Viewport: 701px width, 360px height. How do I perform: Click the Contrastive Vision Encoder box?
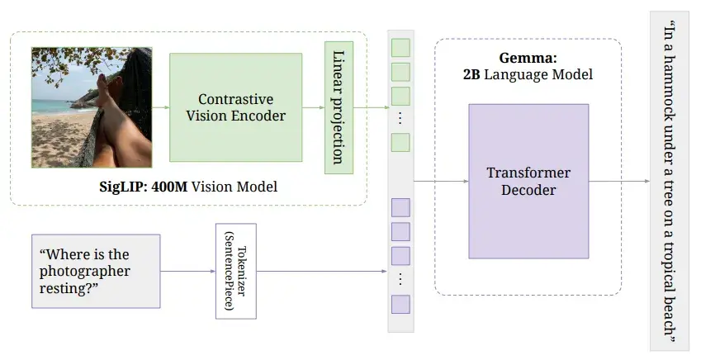pyautogui.click(x=235, y=107)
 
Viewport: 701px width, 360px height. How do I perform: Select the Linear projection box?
pyautogui.click(x=339, y=107)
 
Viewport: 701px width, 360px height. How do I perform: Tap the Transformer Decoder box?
pyautogui.click(x=528, y=182)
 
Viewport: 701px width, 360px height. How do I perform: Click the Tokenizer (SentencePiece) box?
pyautogui.click(x=235, y=271)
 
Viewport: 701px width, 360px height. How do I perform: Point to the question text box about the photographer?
pyautogui.click(x=95, y=271)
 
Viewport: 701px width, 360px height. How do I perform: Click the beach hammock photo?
pyautogui.click(x=92, y=107)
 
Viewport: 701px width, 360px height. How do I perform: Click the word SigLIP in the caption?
pyautogui.click(x=121, y=187)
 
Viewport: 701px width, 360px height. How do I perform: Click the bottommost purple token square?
pyautogui.click(x=400, y=304)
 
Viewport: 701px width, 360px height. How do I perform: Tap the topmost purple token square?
pyautogui.click(x=400, y=207)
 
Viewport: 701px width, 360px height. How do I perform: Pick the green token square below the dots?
pyautogui.click(x=400, y=143)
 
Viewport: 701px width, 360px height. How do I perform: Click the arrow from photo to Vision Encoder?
pyautogui.click(x=161, y=107)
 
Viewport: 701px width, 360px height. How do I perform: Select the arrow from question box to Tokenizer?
pyautogui.click(x=187, y=271)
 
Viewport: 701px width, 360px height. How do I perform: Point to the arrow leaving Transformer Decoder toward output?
pyautogui.click(x=619, y=181)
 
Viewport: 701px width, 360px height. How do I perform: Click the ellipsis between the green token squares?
pyautogui.click(x=400, y=119)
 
